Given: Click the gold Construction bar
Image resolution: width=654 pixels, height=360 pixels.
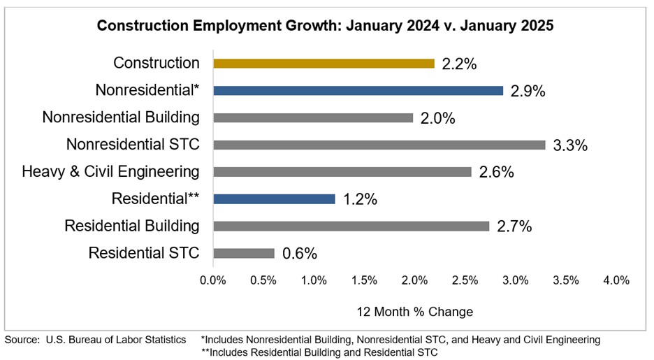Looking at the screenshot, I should point(324,64).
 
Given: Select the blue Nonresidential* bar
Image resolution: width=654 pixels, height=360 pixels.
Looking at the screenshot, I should point(358,91).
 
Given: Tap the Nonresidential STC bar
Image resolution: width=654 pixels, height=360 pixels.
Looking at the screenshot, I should point(379,145).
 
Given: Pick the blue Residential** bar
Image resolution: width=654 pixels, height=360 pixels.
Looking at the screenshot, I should point(274,199).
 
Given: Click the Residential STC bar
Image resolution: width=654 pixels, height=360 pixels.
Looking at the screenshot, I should point(243,253).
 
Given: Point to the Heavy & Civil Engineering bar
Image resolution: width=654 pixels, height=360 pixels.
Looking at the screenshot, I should point(342,172).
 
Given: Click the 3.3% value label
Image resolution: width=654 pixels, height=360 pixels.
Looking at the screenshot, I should point(570,146).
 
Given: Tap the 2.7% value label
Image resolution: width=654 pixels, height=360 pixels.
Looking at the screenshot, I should point(514,226).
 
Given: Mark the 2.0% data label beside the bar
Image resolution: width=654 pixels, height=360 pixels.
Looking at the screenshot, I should point(438,119).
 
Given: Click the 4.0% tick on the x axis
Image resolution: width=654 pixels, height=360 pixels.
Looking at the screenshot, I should point(616,280).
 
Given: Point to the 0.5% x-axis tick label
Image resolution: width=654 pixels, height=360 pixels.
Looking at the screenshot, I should point(263,280).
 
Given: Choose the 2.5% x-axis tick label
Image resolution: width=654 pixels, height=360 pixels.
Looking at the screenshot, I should point(465,280).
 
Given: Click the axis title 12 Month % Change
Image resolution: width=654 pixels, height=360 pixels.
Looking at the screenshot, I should point(414,312).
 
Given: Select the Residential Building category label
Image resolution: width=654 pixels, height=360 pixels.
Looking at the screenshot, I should point(132,226).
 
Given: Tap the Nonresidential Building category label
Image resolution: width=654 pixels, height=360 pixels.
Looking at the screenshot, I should point(121,117).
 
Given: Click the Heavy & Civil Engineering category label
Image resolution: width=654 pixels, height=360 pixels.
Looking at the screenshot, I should point(110,172).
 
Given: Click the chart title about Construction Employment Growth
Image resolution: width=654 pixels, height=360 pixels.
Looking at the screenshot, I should point(325,26).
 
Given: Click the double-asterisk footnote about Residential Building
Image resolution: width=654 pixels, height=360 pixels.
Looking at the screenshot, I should point(319,352).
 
